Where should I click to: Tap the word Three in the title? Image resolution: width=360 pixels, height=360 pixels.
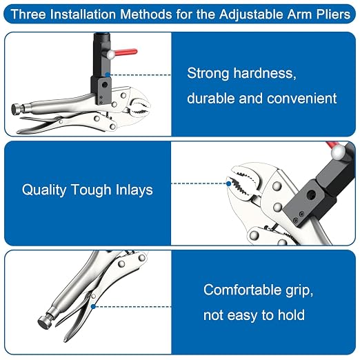point(28,14)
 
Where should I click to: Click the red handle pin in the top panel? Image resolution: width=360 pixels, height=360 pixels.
point(126,52)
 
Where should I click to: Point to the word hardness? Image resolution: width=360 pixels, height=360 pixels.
point(265,73)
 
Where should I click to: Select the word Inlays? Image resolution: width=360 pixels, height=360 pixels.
point(134,190)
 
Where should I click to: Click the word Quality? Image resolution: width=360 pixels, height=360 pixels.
point(44,190)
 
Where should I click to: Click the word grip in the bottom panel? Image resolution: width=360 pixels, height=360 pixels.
point(299,291)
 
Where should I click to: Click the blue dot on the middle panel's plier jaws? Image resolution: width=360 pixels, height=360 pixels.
point(228,183)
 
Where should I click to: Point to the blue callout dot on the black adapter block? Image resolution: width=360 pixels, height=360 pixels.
point(108,74)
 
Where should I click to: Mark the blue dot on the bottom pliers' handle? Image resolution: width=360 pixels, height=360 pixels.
point(93,306)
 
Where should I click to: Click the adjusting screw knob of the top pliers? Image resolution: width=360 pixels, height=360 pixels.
point(16,109)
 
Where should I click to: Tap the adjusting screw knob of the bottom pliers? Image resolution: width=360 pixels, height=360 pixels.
point(44,322)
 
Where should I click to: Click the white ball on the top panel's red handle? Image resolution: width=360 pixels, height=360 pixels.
point(111,54)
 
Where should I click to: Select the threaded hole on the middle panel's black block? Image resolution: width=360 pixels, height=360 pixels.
point(312,192)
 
